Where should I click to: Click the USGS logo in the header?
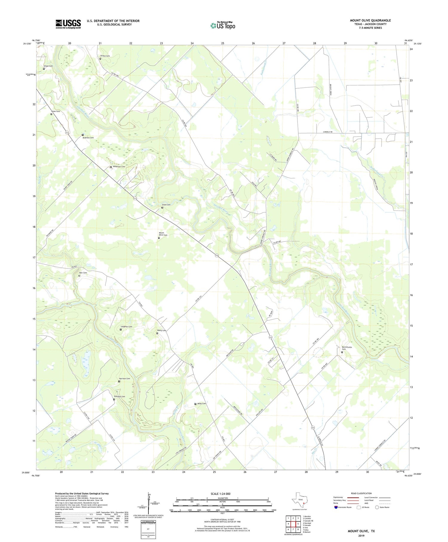point(68,24)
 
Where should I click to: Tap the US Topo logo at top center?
point(223,25)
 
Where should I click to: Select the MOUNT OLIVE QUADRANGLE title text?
point(370,20)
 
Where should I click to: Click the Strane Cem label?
point(105,56)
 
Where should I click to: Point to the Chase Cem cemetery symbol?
point(44,69)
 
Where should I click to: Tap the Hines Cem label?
point(55,111)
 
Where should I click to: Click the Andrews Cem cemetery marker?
point(83,135)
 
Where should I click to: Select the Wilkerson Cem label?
point(119,167)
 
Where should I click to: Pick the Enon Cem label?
point(166,205)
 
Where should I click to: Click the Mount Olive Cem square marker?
point(159,238)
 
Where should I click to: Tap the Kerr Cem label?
point(83,273)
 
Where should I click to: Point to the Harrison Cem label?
point(125,378)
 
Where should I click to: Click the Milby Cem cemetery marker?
point(195,404)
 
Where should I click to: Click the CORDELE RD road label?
point(327,132)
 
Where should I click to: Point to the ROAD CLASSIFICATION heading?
point(361,493)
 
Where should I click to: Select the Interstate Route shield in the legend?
point(336,507)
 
